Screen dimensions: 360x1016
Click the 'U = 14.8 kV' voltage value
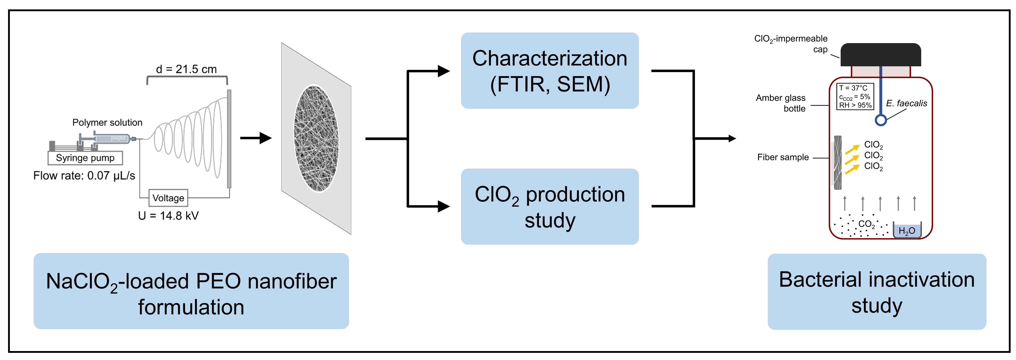coord(168,216)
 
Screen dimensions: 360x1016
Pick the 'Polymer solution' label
coord(107,123)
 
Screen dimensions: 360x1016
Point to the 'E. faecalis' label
coord(906,103)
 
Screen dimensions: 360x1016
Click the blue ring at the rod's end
coord(881,120)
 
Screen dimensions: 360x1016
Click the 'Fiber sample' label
coord(783,157)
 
